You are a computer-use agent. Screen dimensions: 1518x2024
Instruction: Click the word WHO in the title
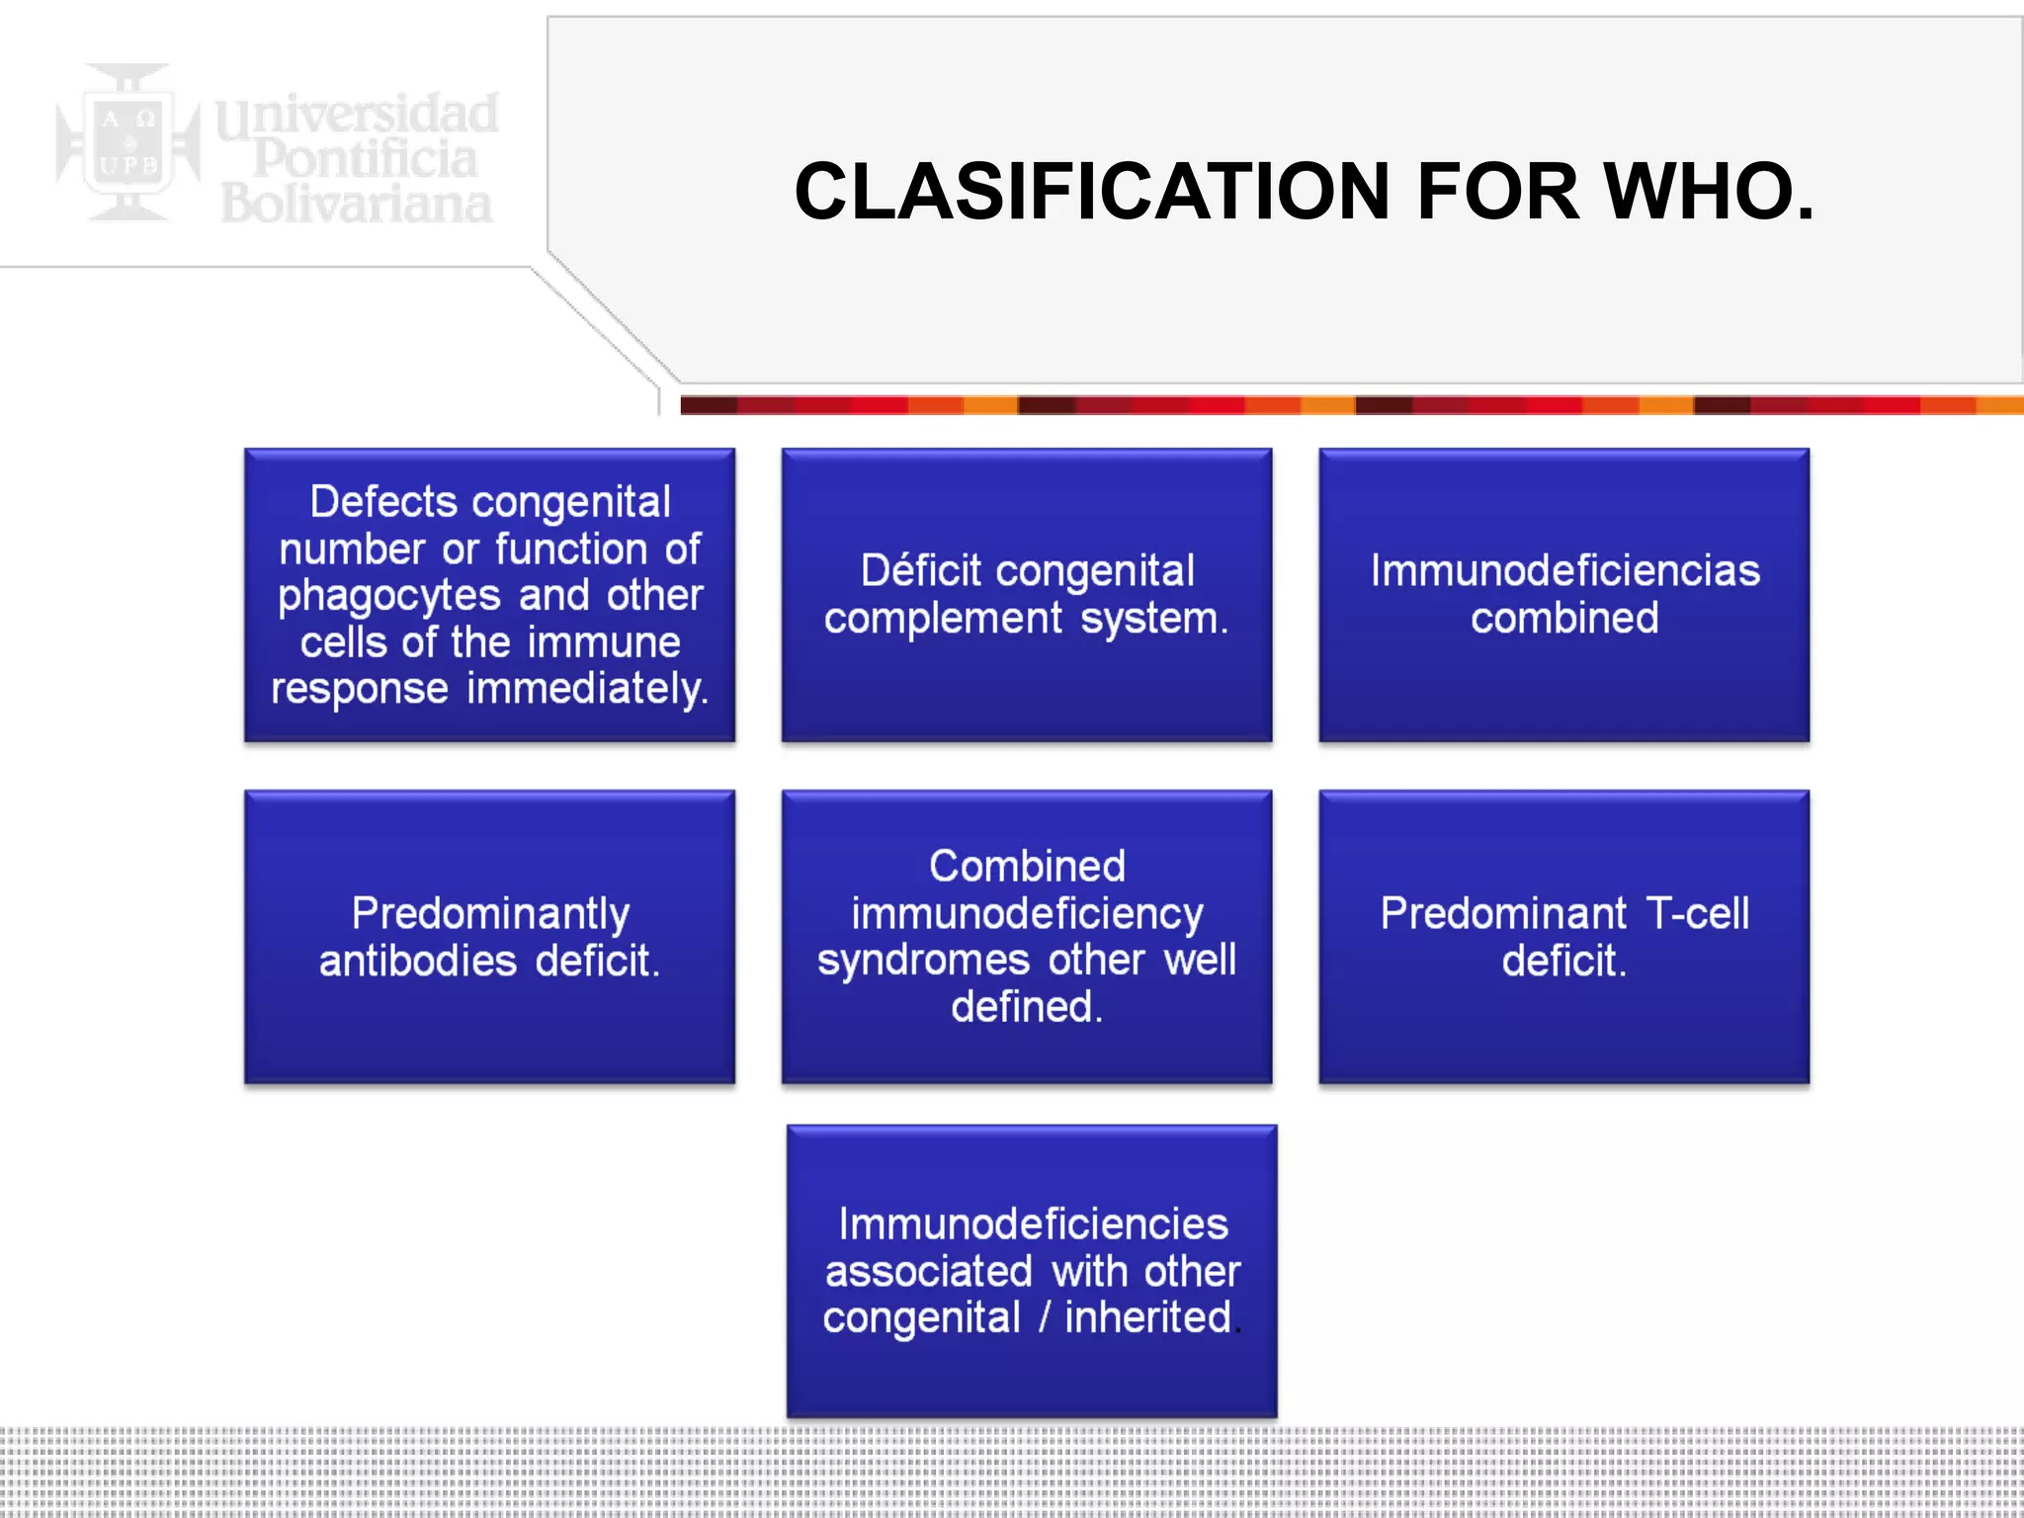(1708, 192)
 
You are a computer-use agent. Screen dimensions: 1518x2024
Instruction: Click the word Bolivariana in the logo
(356, 204)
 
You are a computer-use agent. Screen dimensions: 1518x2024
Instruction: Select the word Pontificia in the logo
(366, 158)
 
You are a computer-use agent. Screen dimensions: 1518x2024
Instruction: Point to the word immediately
(588, 689)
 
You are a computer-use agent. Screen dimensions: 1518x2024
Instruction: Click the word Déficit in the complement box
(921, 571)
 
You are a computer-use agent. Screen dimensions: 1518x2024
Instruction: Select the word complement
(943, 619)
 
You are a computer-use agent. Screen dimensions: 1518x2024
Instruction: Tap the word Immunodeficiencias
(1564, 571)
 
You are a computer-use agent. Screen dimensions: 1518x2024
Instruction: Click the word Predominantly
(490, 914)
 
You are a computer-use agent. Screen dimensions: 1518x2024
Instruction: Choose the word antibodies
(417, 961)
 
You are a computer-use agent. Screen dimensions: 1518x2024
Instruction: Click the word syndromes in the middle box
(923, 961)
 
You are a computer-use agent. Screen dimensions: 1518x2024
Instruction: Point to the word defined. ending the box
(1026, 1007)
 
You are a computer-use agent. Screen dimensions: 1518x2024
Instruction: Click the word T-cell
(1698, 914)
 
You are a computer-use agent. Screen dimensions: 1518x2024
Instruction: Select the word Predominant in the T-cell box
(1503, 914)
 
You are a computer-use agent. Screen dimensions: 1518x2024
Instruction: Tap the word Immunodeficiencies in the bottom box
(1033, 1224)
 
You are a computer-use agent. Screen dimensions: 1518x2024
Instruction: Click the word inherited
(1148, 1317)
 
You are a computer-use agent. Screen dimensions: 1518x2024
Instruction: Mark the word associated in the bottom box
(928, 1272)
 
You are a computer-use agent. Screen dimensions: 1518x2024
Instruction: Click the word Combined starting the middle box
(1027, 867)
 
